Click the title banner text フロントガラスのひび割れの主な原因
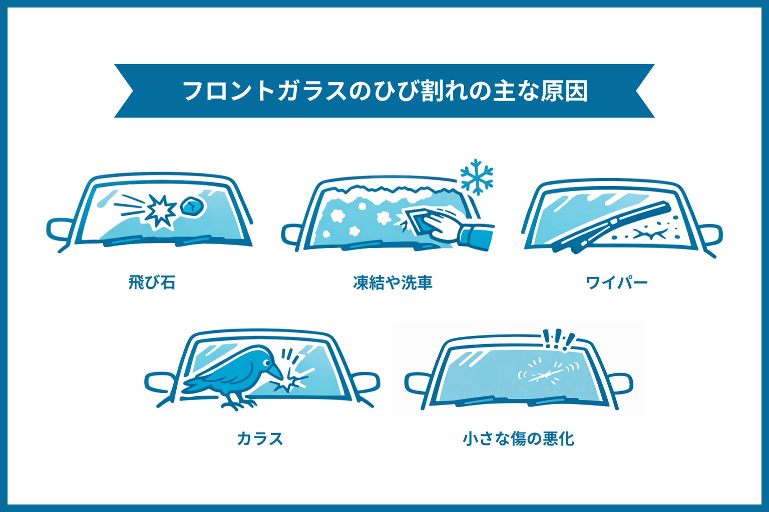coord(384,91)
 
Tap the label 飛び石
coord(152,282)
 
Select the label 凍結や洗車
coord(393,283)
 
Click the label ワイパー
coord(616,283)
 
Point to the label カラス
coord(259,438)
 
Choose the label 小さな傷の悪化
coord(518,438)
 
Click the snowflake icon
coord(477,177)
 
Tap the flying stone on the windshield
coord(192,205)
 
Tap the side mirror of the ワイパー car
coord(710,235)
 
